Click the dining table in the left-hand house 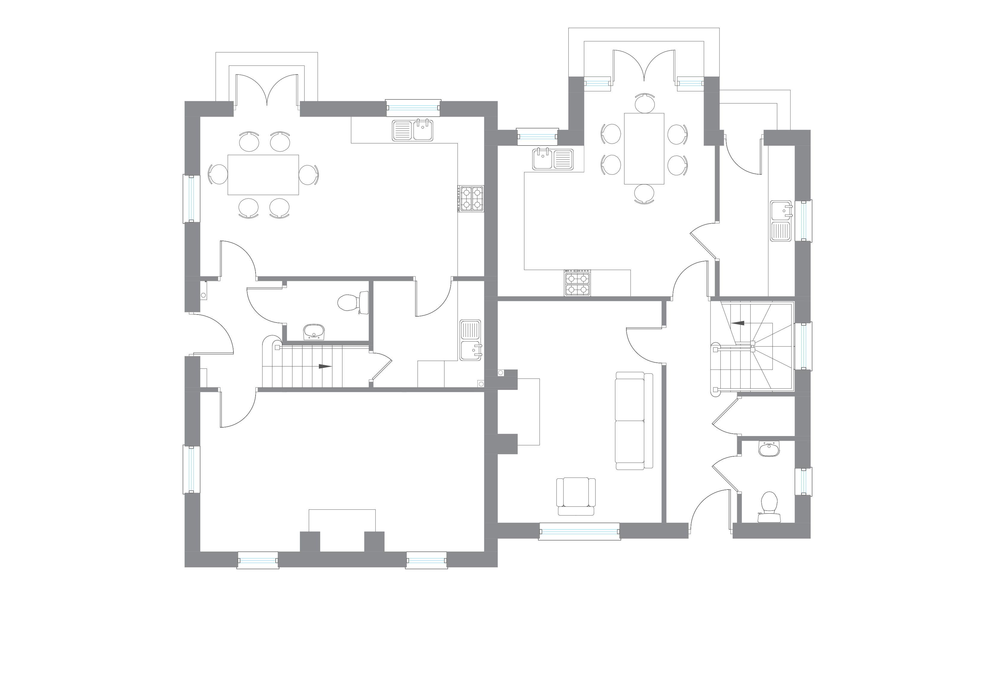(263, 175)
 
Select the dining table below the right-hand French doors (644, 149)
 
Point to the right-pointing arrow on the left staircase (325, 366)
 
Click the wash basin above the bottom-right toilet (769, 449)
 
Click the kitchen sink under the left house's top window (412, 130)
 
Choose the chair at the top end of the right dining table (644, 103)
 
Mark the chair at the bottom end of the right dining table (644, 194)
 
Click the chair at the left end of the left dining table (218, 174)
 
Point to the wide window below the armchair (579, 531)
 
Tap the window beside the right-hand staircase (803, 346)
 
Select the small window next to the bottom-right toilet (803, 481)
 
